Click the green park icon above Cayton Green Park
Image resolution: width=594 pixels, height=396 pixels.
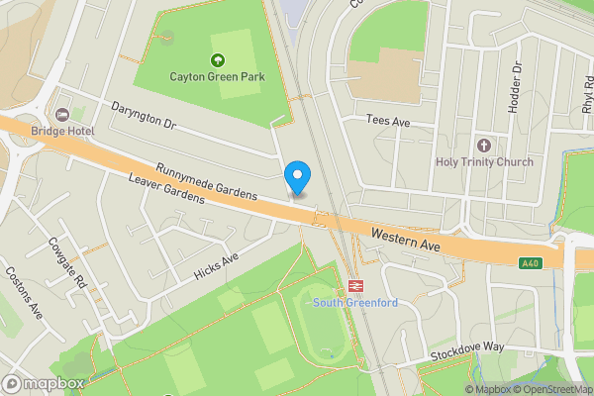click(x=217, y=59)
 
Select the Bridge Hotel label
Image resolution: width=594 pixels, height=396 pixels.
click(x=60, y=131)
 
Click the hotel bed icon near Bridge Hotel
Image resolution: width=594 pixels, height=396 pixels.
click(x=64, y=116)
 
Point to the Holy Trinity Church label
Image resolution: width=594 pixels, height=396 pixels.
click(x=484, y=162)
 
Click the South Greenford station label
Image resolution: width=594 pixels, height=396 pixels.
click(x=354, y=302)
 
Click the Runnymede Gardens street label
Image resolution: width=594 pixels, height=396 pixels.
click(x=206, y=181)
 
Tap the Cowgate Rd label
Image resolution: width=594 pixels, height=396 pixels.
click(x=65, y=264)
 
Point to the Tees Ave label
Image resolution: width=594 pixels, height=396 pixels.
click(x=387, y=120)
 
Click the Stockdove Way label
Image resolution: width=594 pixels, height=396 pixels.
click(x=466, y=352)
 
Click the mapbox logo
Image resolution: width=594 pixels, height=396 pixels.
click(x=44, y=383)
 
